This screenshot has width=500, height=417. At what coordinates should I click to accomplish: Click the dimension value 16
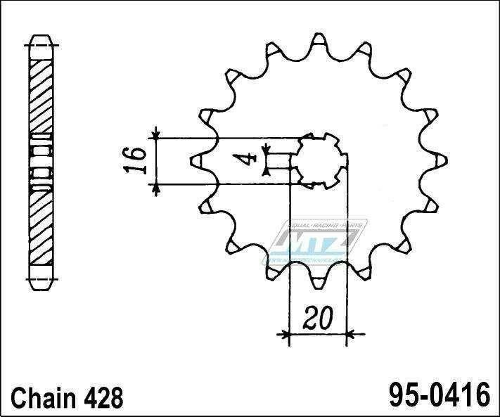[139, 159]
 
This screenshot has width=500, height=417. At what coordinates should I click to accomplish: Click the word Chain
[44, 397]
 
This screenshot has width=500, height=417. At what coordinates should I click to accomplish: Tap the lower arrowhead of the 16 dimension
[157, 184]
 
